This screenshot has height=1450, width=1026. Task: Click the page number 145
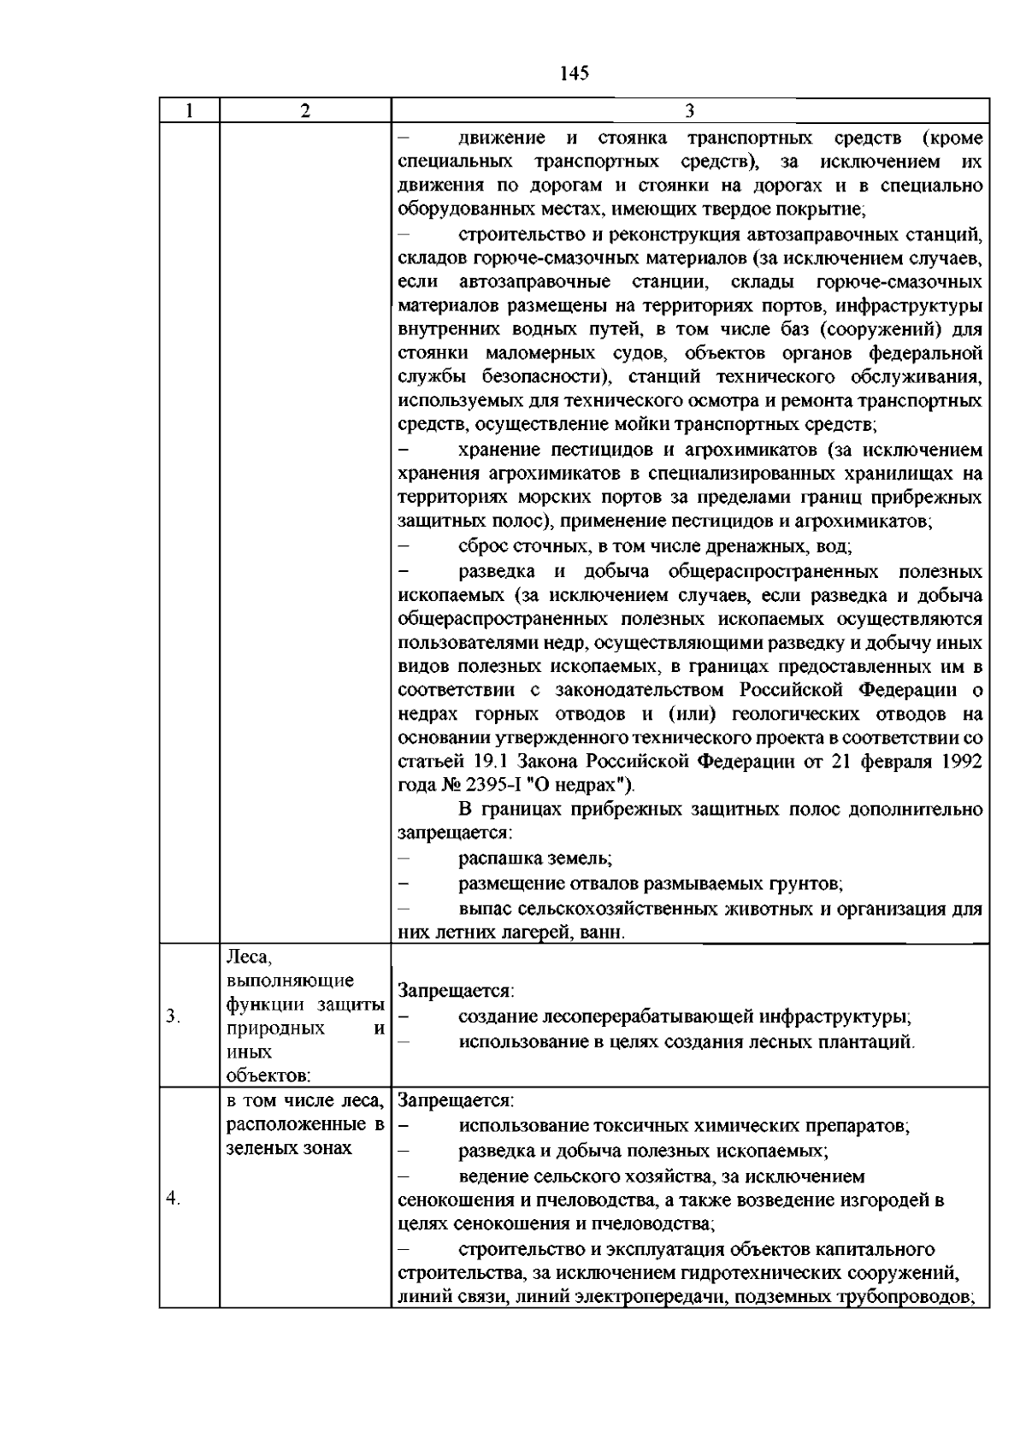(575, 74)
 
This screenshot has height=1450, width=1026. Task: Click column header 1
(189, 111)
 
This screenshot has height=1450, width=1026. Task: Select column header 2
(304, 111)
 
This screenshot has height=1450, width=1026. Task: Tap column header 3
(689, 111)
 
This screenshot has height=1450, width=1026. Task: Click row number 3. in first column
(173, 1016)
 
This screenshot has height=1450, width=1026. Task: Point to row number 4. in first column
(173, 1199)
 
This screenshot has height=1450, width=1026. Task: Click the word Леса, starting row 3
(248, 957)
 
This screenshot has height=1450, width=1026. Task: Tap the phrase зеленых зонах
(289, 1147)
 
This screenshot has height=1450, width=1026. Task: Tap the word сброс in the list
(483, 545)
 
